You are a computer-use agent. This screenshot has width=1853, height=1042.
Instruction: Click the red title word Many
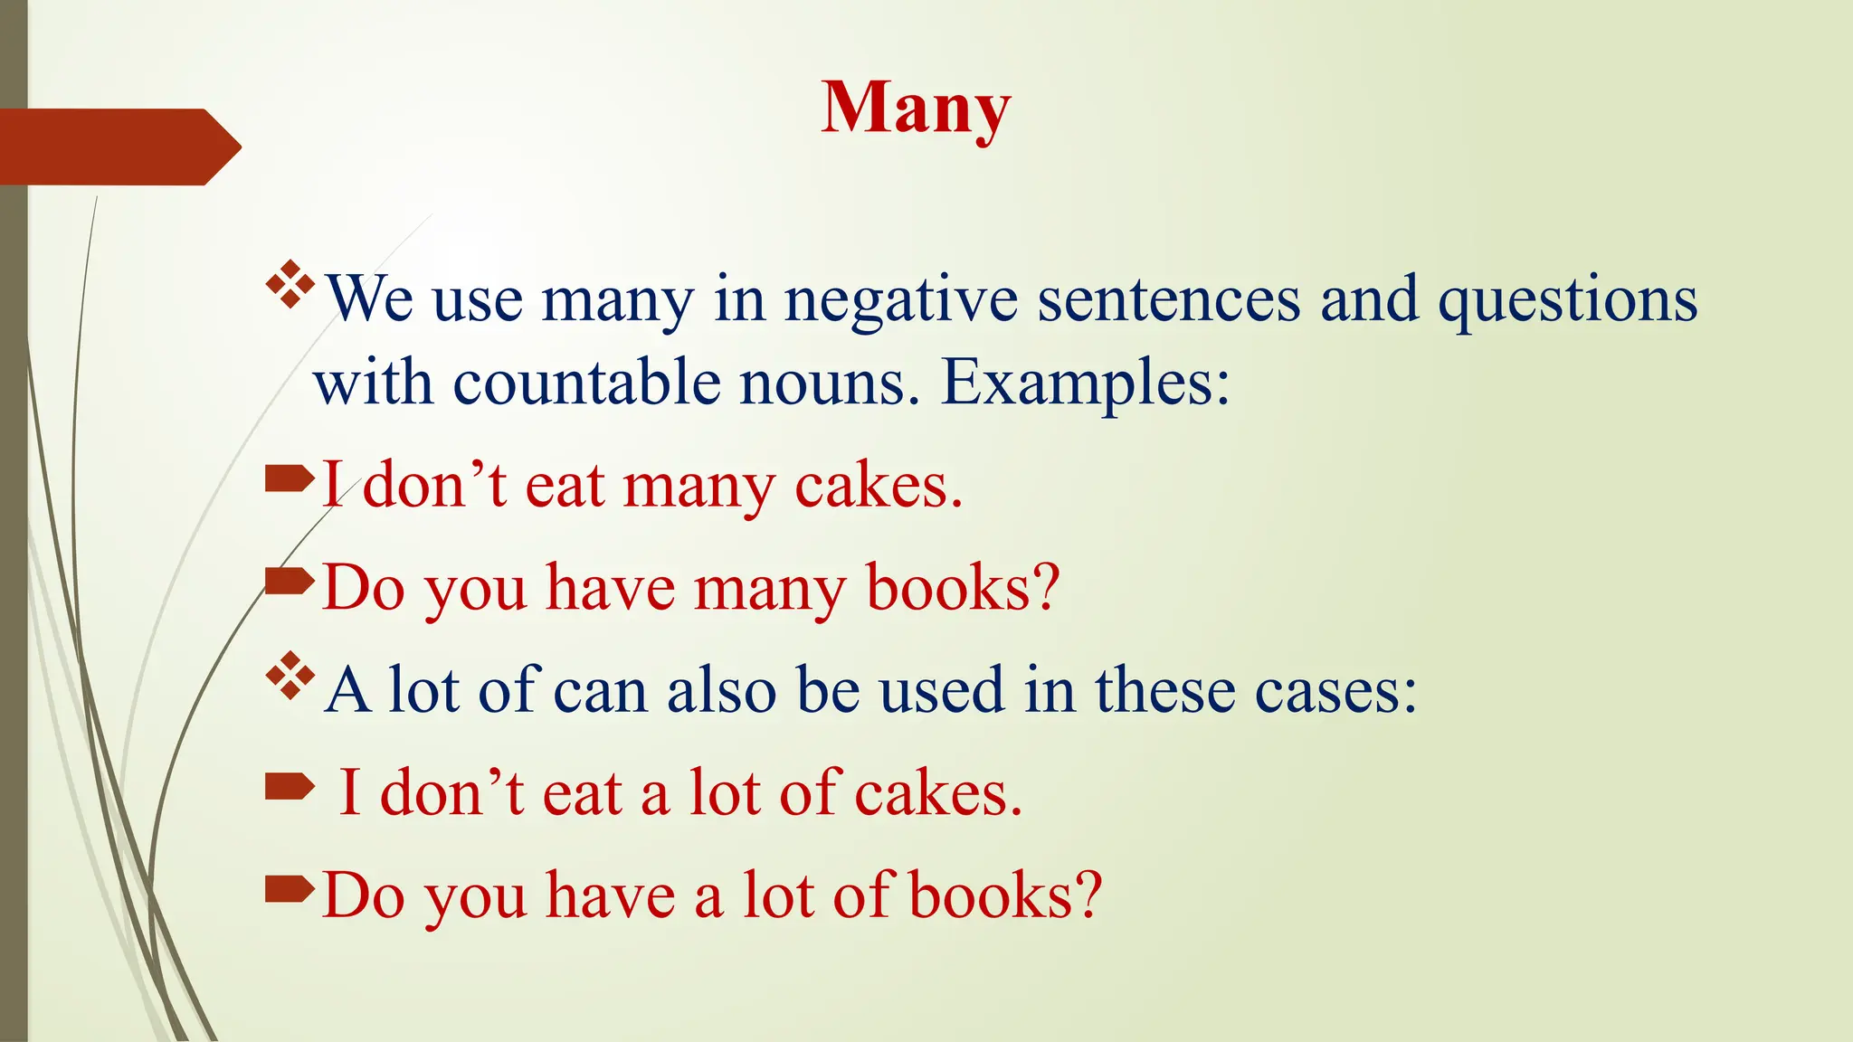click(x=915, y=109)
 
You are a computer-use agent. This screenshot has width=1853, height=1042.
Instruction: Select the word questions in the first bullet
click(x=1567, y=299)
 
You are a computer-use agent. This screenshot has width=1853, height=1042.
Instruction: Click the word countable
click(x=586, y=383)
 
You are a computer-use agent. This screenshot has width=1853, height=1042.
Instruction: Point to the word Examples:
click(x=1086, y=383)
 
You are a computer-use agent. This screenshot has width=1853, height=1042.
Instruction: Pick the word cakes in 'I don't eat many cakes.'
click(x=878, y=486)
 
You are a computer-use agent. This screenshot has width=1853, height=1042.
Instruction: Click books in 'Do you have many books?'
click(x=962, y=588)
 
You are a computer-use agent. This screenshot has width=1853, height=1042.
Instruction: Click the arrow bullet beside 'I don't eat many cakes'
click(x=289, y=478)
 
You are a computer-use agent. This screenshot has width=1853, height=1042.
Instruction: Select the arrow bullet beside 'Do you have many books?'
click(x=289, y=581)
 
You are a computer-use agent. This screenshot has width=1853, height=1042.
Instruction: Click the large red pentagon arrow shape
click(x=118, y=147)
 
